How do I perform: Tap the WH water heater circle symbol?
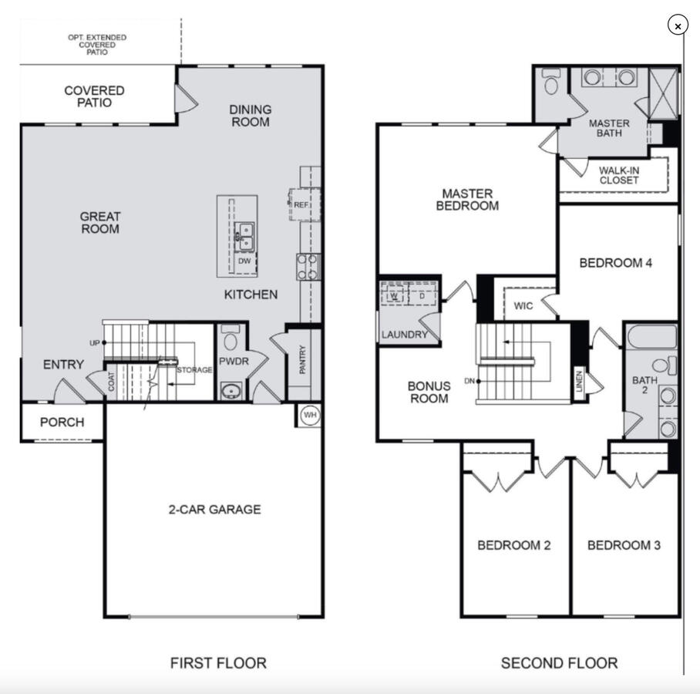click(310, 415)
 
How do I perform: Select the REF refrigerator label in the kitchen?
click(301, 205)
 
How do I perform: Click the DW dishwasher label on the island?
click(244, 261)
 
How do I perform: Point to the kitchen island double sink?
click(244, 238)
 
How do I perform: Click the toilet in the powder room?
click(231, 338)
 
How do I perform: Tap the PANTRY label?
click(302, 359)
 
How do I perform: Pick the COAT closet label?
click(111, 382)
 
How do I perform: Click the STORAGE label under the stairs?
click(194, 370)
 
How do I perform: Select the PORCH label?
click(62, 422)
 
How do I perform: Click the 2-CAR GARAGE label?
click(215, 510)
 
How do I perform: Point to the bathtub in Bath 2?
click(651, 337)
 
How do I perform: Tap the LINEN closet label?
click(579, 382)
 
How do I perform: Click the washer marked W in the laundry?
click(394, 295)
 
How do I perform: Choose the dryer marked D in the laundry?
click(422, 295)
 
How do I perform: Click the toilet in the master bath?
click(551, 81)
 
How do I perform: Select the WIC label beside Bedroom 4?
click(523, 306)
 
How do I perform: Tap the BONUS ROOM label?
click(429, 392)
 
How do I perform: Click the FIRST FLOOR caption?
click(218, 662)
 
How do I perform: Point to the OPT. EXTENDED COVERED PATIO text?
click(97, 45)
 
